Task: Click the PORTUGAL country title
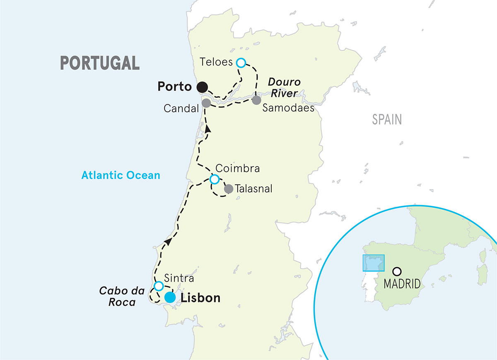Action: (100, 63)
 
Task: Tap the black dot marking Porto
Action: (202, 87)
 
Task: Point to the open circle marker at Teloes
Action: (241, 63)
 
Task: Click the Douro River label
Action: (284, 87)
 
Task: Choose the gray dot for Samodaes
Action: (256, 100)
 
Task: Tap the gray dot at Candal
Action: (206, 103)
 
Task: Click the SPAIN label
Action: (387, 120)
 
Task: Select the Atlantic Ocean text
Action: (121, 175)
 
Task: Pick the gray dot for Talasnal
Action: (228, 189)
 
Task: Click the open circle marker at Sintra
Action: (158, 286)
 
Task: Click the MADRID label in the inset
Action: (402, 284)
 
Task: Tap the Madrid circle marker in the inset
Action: (397, 272)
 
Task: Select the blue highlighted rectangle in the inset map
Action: (374, 263)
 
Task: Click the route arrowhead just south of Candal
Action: (207, 129)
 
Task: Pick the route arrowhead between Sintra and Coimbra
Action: (167, 241)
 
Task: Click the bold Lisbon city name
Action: (200, 298)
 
